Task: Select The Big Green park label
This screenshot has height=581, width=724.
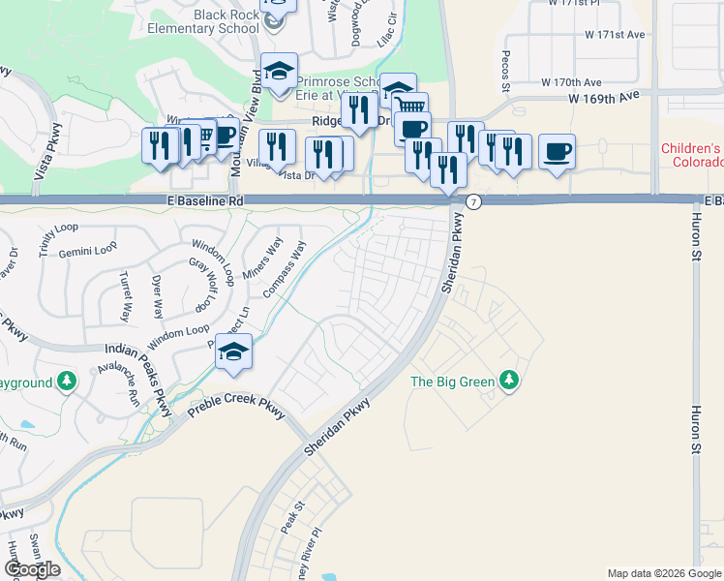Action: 453,382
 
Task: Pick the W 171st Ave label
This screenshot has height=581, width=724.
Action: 615,35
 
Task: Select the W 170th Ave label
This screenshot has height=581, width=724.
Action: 571,82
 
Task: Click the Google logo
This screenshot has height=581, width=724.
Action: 32,569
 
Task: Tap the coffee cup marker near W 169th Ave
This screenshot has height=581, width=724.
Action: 557,151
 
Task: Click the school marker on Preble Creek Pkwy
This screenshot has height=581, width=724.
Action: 233,352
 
